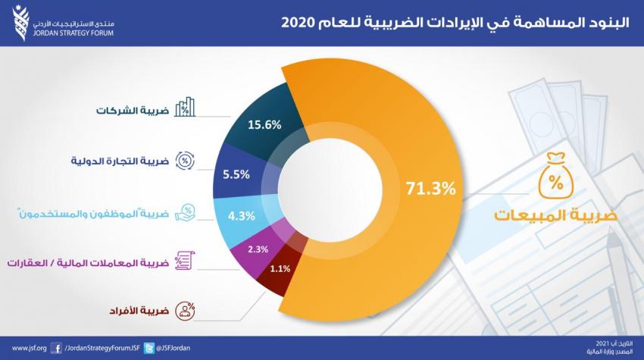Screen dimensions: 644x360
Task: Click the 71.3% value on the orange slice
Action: coord(431,188)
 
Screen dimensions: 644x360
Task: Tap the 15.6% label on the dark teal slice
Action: coord(264,124)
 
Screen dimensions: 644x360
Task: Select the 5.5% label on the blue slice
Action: coord(236,174)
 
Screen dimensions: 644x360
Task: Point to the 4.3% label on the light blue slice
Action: coord(242,216)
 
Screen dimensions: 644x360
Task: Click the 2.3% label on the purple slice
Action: coord(258,249)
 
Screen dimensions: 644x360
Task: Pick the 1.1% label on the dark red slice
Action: coord(280,269)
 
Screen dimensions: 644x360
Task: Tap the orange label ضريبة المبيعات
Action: coord(555,215)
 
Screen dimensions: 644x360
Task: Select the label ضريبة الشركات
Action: coord(133,111)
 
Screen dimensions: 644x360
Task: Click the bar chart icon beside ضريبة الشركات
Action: coord(185,107)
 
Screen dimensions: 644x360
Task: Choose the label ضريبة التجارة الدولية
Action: coord(120,161)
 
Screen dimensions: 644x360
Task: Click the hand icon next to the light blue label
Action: coord(185,212)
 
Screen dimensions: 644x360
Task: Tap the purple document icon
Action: coord(185,261)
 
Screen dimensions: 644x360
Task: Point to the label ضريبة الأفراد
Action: coord(139,310)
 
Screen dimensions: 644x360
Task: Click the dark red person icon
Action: coord(185,311)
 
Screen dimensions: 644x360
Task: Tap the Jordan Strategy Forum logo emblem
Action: coord(20,23)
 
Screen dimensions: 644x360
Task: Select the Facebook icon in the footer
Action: coord(57,349)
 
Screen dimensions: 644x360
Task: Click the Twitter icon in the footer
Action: coord(149,349)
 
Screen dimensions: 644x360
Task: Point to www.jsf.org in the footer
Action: coord(29,348)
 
